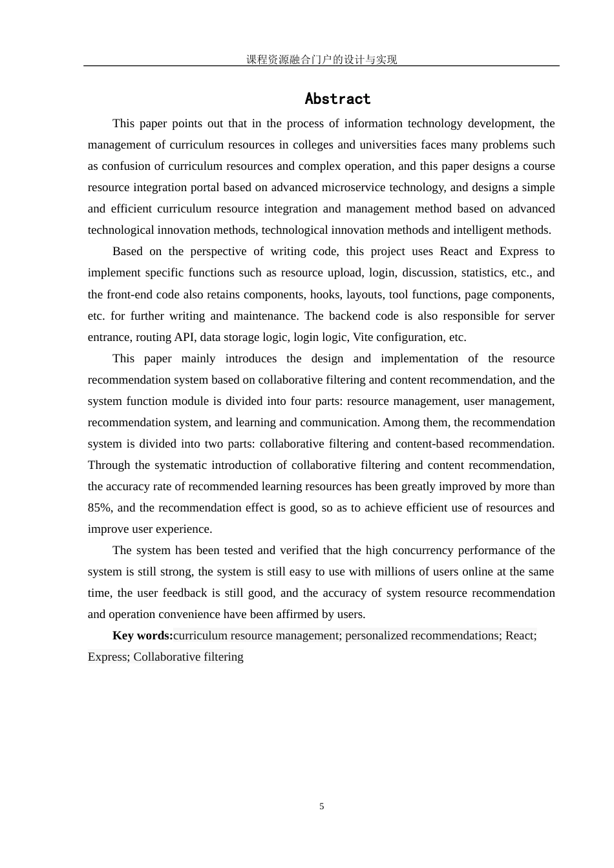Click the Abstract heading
pos(337,99)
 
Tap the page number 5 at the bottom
pos(322,806)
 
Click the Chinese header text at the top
pos(321,59)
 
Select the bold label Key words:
pos(142,635)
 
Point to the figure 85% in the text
pos(100,508)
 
